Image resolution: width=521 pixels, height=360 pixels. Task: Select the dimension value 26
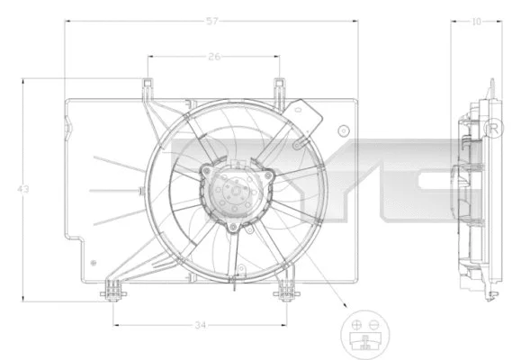pyautogui.click(x=213, y=57)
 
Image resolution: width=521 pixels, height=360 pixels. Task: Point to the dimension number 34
pyautogui.click(x=200, y=324)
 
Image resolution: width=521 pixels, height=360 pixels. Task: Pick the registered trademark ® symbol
pyautogui.click(x=493, y=130)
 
